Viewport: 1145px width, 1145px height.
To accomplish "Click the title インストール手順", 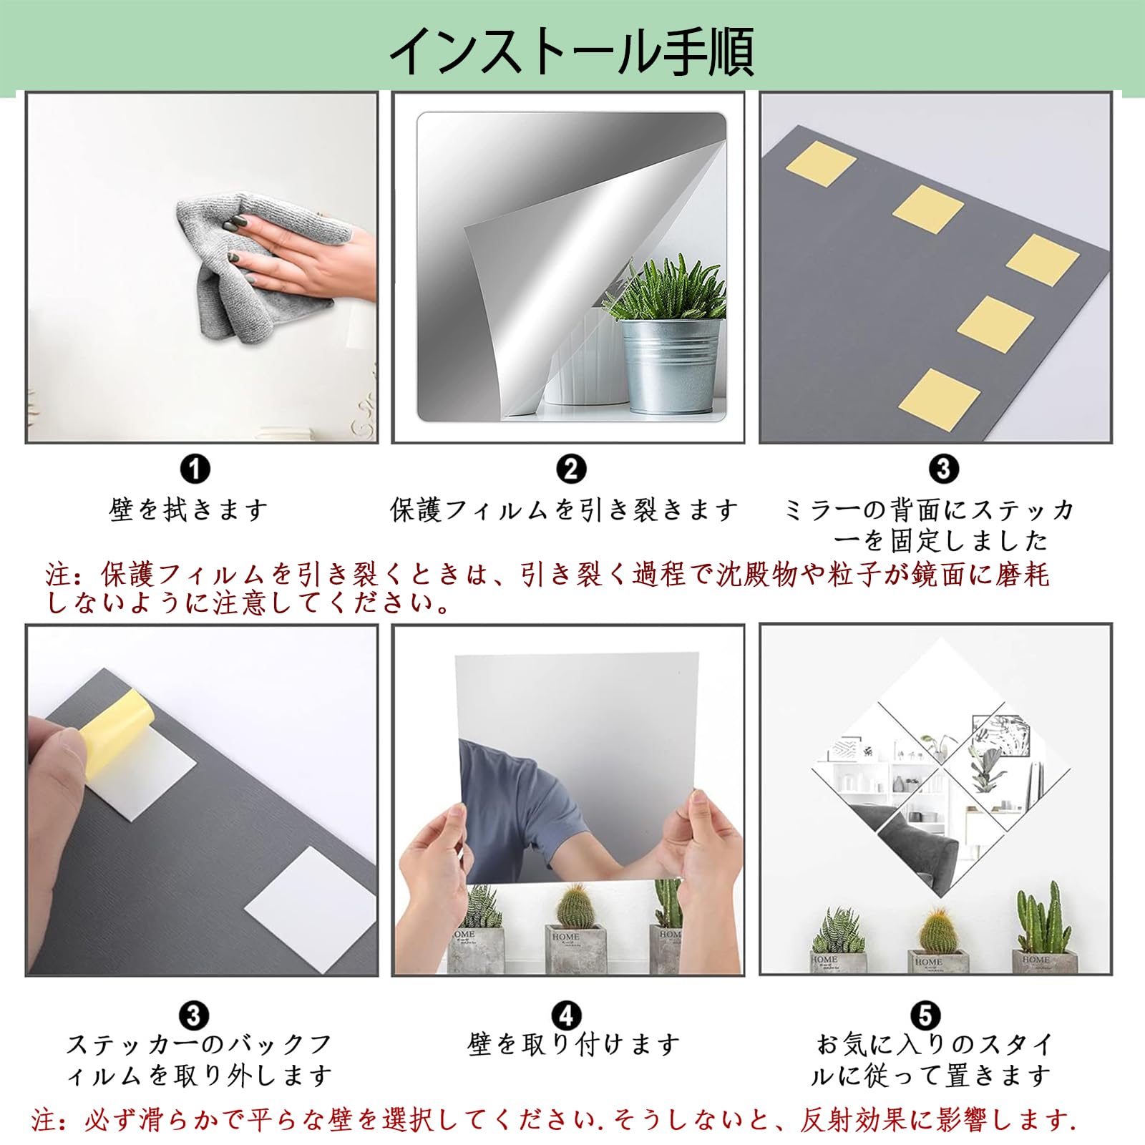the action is tap(571, 52).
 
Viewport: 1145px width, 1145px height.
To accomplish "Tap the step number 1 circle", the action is tap(195, 469).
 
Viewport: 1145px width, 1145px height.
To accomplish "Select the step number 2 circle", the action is tap(570, 469).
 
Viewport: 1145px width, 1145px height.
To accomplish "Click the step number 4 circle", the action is tap(567, 1015).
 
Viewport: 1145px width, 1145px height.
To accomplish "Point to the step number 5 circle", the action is tap(926, 1015).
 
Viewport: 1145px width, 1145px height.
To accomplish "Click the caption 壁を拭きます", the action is tap(189, 510).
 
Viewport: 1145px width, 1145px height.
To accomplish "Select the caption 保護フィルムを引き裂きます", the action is tap(564, 510).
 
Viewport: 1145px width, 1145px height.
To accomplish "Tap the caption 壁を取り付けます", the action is tap(574, 1045).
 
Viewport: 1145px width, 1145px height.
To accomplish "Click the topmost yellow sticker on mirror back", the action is tap(821, 163).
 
